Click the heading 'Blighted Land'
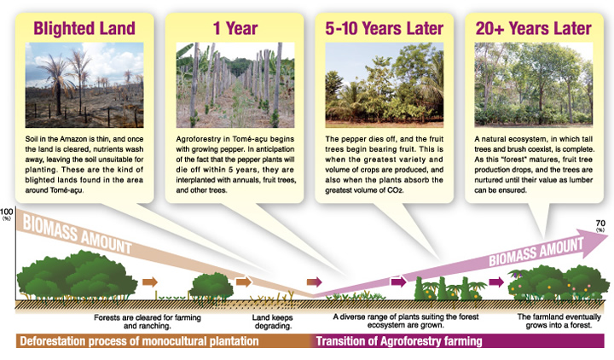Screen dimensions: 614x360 point(84,28)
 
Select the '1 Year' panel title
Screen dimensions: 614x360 point(235,28)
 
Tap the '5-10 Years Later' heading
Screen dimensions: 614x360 point(384,28)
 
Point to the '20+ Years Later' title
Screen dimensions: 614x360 point(533,28)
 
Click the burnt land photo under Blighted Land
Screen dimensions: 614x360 point(84,85)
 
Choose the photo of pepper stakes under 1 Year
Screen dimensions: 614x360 point(235,85)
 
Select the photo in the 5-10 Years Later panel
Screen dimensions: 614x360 point(384,85)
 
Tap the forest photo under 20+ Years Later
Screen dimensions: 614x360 point(534,85)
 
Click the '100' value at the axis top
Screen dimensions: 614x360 point(6,212)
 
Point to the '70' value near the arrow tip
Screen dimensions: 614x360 point(600,223)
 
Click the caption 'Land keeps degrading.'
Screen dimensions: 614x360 point(273,322)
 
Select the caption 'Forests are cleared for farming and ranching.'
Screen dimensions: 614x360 point(148,322)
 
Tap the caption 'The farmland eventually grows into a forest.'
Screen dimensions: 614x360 point(559,321)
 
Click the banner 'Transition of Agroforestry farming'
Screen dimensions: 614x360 point(399,341)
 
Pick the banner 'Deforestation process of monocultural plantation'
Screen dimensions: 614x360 point(139,341)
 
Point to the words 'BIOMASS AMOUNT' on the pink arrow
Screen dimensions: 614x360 point(536,252)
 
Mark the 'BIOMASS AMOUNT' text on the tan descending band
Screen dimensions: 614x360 point(77,235)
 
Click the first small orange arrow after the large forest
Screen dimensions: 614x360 point(150,282)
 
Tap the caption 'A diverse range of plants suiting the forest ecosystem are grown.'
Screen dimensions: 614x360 point(406,321)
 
